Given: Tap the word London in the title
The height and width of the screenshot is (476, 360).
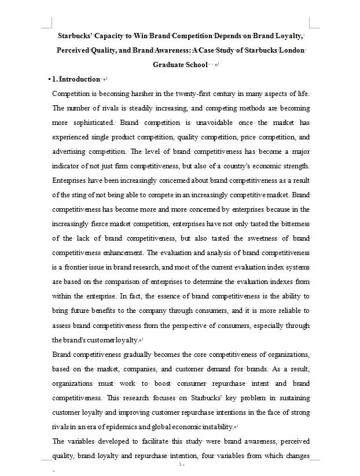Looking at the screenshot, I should [292, 50].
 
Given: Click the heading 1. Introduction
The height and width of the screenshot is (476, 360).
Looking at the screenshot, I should [76, 79].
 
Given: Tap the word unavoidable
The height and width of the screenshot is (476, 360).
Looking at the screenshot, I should [212, 123].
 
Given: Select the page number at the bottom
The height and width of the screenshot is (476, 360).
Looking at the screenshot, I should [181, 464].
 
